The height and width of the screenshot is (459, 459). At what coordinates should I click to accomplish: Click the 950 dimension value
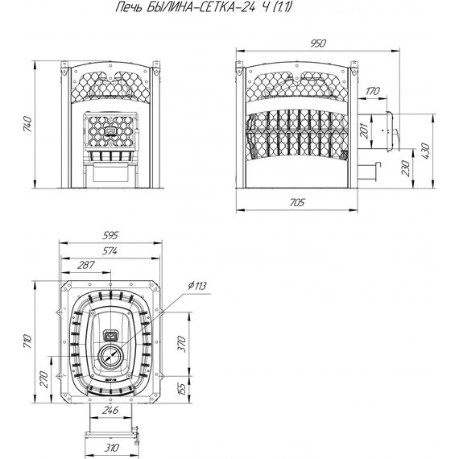pos(317,43)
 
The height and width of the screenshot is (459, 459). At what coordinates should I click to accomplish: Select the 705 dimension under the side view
pos(297,202)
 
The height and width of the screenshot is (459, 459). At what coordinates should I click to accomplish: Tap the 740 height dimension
pos(27,124)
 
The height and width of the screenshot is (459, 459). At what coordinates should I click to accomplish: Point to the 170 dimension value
pos(372,91)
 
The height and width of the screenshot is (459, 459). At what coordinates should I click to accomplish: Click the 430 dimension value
pos(425,151)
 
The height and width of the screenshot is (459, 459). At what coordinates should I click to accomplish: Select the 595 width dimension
pos(110,235)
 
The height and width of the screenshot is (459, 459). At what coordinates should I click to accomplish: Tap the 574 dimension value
pos(110,251)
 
